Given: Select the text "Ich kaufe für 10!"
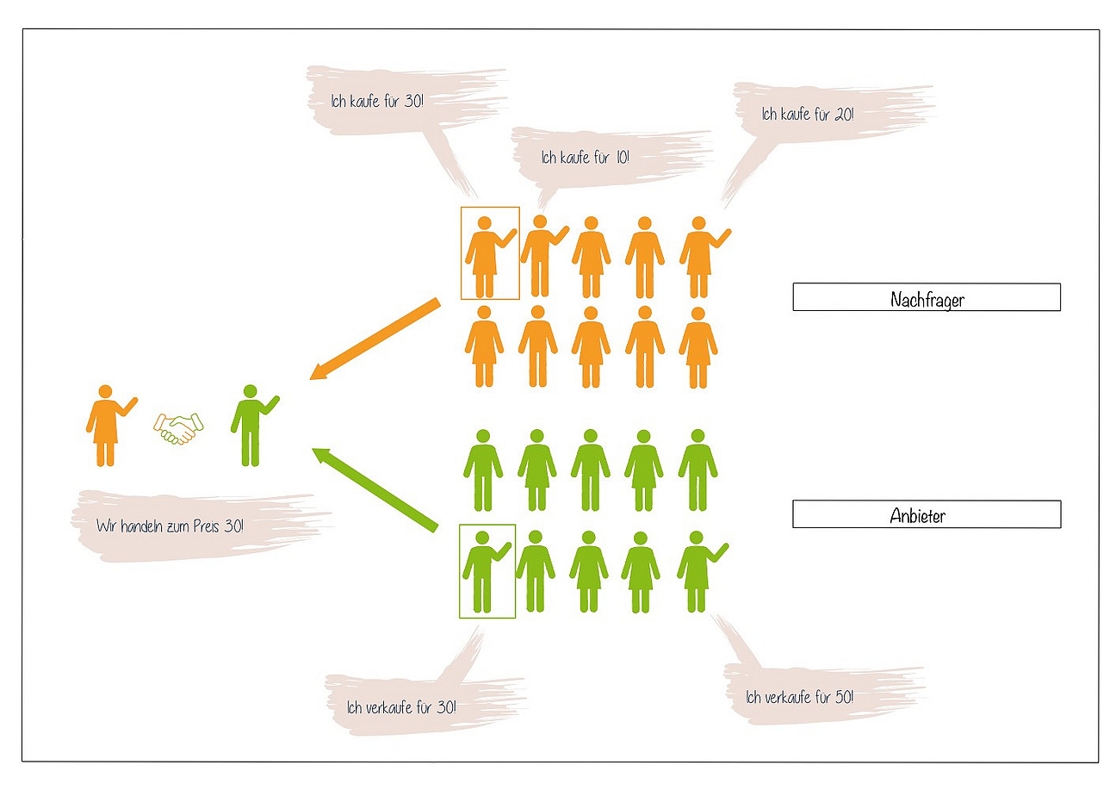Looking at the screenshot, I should [x=586, y=158].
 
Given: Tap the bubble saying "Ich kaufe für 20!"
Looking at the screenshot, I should [x=808, y=114].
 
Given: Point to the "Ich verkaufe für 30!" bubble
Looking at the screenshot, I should [x=401, y=708].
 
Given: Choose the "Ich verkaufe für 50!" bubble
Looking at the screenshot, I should [x=800, y=696].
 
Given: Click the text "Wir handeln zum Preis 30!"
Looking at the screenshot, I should [x=170, y=525].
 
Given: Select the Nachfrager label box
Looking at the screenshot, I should [x=926, y=297].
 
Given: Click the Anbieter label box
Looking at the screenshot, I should [x=926, y=514].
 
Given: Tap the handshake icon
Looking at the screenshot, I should [x=178, y=427].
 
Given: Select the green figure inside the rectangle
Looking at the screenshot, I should [x=484, y=572].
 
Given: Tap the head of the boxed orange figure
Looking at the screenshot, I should [x=485, y=223].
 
